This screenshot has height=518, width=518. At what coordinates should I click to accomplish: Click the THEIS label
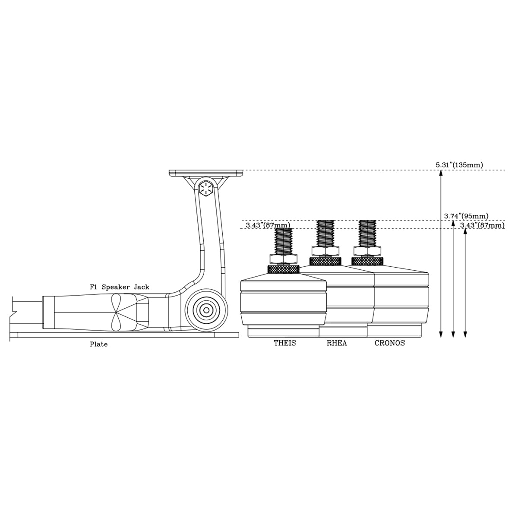click(285, 344)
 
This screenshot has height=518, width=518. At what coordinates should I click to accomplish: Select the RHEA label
click(337, 344)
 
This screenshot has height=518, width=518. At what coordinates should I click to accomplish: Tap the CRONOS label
click(389, 344)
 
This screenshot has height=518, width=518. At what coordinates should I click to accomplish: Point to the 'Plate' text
click(98, 344)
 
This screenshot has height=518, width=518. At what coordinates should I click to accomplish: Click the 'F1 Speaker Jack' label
click(120, 287)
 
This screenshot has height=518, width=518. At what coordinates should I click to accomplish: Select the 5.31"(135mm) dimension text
click(459, 165)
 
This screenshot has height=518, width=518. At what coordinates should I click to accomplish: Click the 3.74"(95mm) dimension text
click(466, 216)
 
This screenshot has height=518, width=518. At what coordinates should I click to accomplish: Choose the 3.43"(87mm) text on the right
click(482, 225)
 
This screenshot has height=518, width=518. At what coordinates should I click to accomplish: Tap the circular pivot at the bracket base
click(207, 310)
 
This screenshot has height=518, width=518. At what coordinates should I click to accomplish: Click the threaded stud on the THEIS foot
click(284, 241)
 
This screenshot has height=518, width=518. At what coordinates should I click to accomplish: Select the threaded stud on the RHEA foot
click(325, 234)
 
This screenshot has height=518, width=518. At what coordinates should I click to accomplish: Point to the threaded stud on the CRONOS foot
click(367, 234)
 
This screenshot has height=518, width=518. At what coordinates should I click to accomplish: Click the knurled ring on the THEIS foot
click(284, 269)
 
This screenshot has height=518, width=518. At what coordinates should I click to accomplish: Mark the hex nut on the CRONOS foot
click(367, 251)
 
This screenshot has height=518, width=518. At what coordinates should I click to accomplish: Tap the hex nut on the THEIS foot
click(284, 259)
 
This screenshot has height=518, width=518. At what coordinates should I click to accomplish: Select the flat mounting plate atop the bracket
click(206, 173)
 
